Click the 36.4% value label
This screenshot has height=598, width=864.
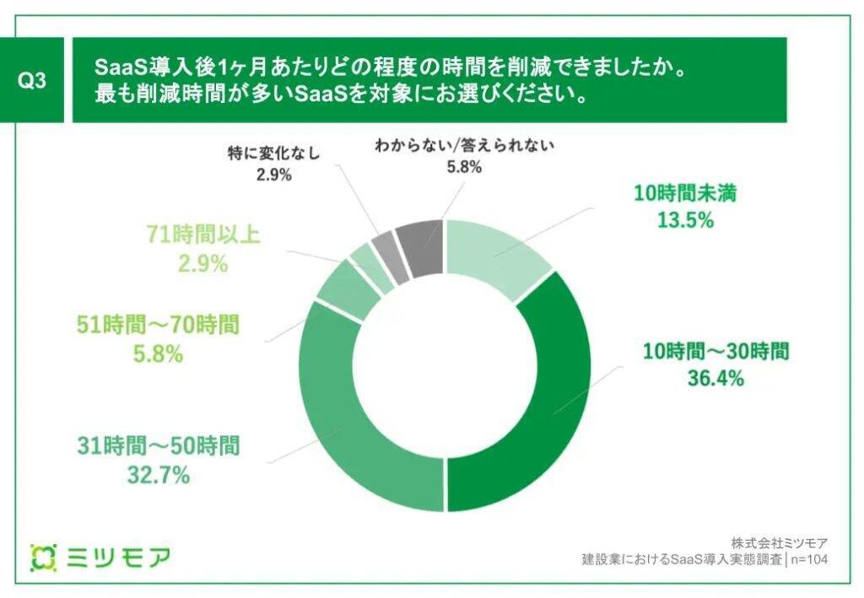[x=715, y=378]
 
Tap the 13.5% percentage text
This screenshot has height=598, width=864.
[x=686, y=221]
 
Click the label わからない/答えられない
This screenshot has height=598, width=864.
[x=463, y=145]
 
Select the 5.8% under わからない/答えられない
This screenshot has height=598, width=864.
[x=463, y=167]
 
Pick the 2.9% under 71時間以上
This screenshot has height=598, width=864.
[x=202, y=263]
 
